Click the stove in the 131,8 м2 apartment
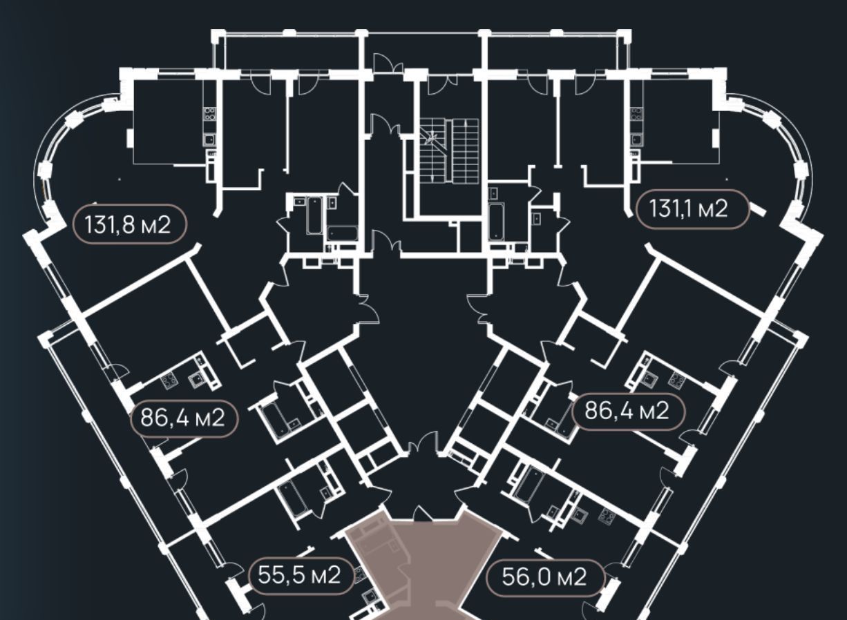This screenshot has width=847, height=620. click(x=209, y=114)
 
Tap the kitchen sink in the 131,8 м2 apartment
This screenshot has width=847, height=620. click(x=209, y=139)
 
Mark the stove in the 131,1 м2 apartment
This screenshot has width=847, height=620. click(x=636, y=114)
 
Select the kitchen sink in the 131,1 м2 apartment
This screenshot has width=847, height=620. click(x=636, y=139)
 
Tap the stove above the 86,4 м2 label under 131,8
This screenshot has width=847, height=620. click(x=169, y=380)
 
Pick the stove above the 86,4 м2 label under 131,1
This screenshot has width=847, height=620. click(x=676, y=379)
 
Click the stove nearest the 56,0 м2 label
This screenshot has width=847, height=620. click(x=607, y=515)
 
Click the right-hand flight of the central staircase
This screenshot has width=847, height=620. click(x=466, y=151)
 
